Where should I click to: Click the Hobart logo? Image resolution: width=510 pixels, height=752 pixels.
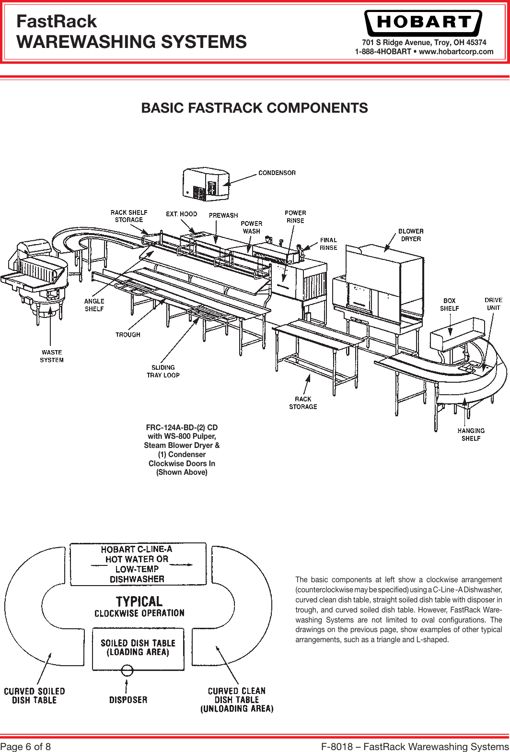point(423,23)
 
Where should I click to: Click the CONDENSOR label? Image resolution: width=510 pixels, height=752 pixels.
point(277,173)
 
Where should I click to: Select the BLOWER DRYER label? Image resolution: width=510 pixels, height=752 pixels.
point(411,235)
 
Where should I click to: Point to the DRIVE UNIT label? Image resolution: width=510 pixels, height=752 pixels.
point(493,304)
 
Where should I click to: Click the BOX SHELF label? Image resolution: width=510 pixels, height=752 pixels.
point(449,305)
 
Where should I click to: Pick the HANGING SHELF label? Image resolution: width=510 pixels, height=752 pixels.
point(471,434)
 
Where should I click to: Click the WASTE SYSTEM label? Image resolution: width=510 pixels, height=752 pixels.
point(52,356)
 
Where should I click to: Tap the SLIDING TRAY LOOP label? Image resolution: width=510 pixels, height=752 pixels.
point(163,371)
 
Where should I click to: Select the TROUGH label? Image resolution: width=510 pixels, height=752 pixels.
point(128,334)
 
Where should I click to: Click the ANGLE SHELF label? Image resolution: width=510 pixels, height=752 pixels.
point(94,305)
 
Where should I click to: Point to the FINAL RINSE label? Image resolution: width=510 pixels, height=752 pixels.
point(328,244)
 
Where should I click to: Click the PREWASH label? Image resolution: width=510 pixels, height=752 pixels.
point(223,215)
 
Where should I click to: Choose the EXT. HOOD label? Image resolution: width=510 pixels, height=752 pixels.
point(181,214)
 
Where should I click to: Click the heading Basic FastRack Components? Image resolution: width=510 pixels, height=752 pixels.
point(255,108)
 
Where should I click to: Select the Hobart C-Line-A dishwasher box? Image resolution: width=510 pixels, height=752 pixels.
point(138,564)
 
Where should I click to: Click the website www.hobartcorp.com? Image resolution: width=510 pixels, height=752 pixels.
point(456,52)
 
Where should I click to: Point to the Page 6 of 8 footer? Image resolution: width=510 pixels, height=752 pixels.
point(27,746)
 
